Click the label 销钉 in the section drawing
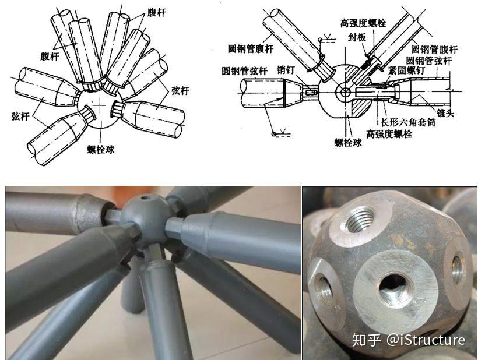click(286, 70)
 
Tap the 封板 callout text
click(357, 37)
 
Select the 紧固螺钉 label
click(406, 70)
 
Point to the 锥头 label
click(445, 113)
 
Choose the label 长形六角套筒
click(408, 122)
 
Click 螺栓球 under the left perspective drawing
click(101, 150)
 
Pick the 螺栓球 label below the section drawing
click(348, 142)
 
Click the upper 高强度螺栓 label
click(363, 23)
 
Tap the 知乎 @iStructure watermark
click(409, 340)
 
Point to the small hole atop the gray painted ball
click(144, 197)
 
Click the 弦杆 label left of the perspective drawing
click(20, 116)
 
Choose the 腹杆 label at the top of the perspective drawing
click(156, 12)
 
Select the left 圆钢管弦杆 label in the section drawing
click(245, 71)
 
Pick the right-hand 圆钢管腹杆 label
click(434, 49)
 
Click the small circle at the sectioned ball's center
click(345, 92)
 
